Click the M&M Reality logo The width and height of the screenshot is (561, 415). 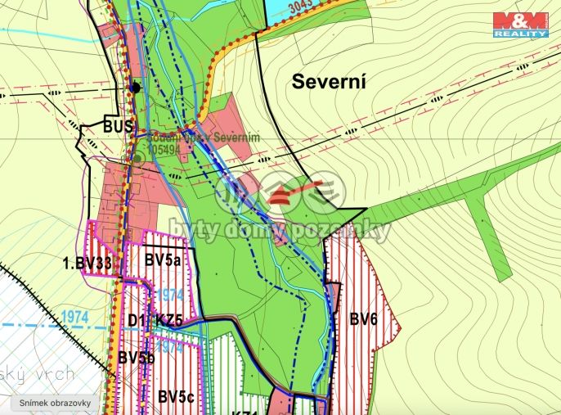520,25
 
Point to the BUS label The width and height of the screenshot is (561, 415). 118,127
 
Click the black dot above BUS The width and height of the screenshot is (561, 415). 137,88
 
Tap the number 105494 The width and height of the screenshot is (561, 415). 164,150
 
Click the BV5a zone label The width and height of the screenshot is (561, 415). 164,261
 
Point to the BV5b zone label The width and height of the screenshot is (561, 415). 136,357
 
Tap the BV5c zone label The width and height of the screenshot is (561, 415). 177,397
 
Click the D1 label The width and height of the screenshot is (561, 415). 137,320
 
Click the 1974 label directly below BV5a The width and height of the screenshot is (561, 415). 168,294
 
